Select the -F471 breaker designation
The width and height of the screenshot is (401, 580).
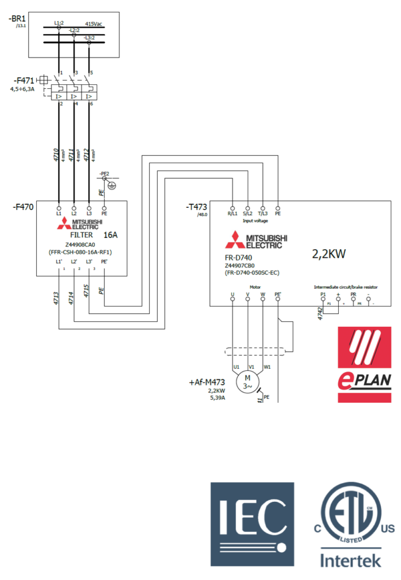[21, 80]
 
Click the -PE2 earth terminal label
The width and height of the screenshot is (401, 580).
[103, 172]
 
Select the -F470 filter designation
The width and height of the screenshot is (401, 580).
[23, 207]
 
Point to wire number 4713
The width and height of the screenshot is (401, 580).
[57, 298]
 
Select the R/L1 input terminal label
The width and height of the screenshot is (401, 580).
[232, 214]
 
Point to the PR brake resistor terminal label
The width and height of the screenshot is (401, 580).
[353, 295]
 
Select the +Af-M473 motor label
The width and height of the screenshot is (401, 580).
[207, 383]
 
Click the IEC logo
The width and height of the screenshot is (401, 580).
[252, 524]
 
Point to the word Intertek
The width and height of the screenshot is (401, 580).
[351, 561]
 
